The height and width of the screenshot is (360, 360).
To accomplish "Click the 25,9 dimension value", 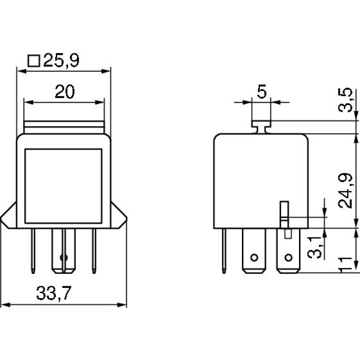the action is (61, 60).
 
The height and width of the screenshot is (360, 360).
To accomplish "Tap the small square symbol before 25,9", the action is (34, 61).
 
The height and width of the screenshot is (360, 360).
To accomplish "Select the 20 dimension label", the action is (65, 91).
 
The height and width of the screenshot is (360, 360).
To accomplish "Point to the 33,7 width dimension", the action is (54, 293).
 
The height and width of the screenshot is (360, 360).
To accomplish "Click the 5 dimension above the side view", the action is (262, 91).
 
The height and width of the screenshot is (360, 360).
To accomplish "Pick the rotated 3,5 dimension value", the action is (345, 100).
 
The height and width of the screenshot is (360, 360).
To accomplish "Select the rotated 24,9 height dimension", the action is (345, 190).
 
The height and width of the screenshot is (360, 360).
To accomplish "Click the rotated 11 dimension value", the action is (345, 264).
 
